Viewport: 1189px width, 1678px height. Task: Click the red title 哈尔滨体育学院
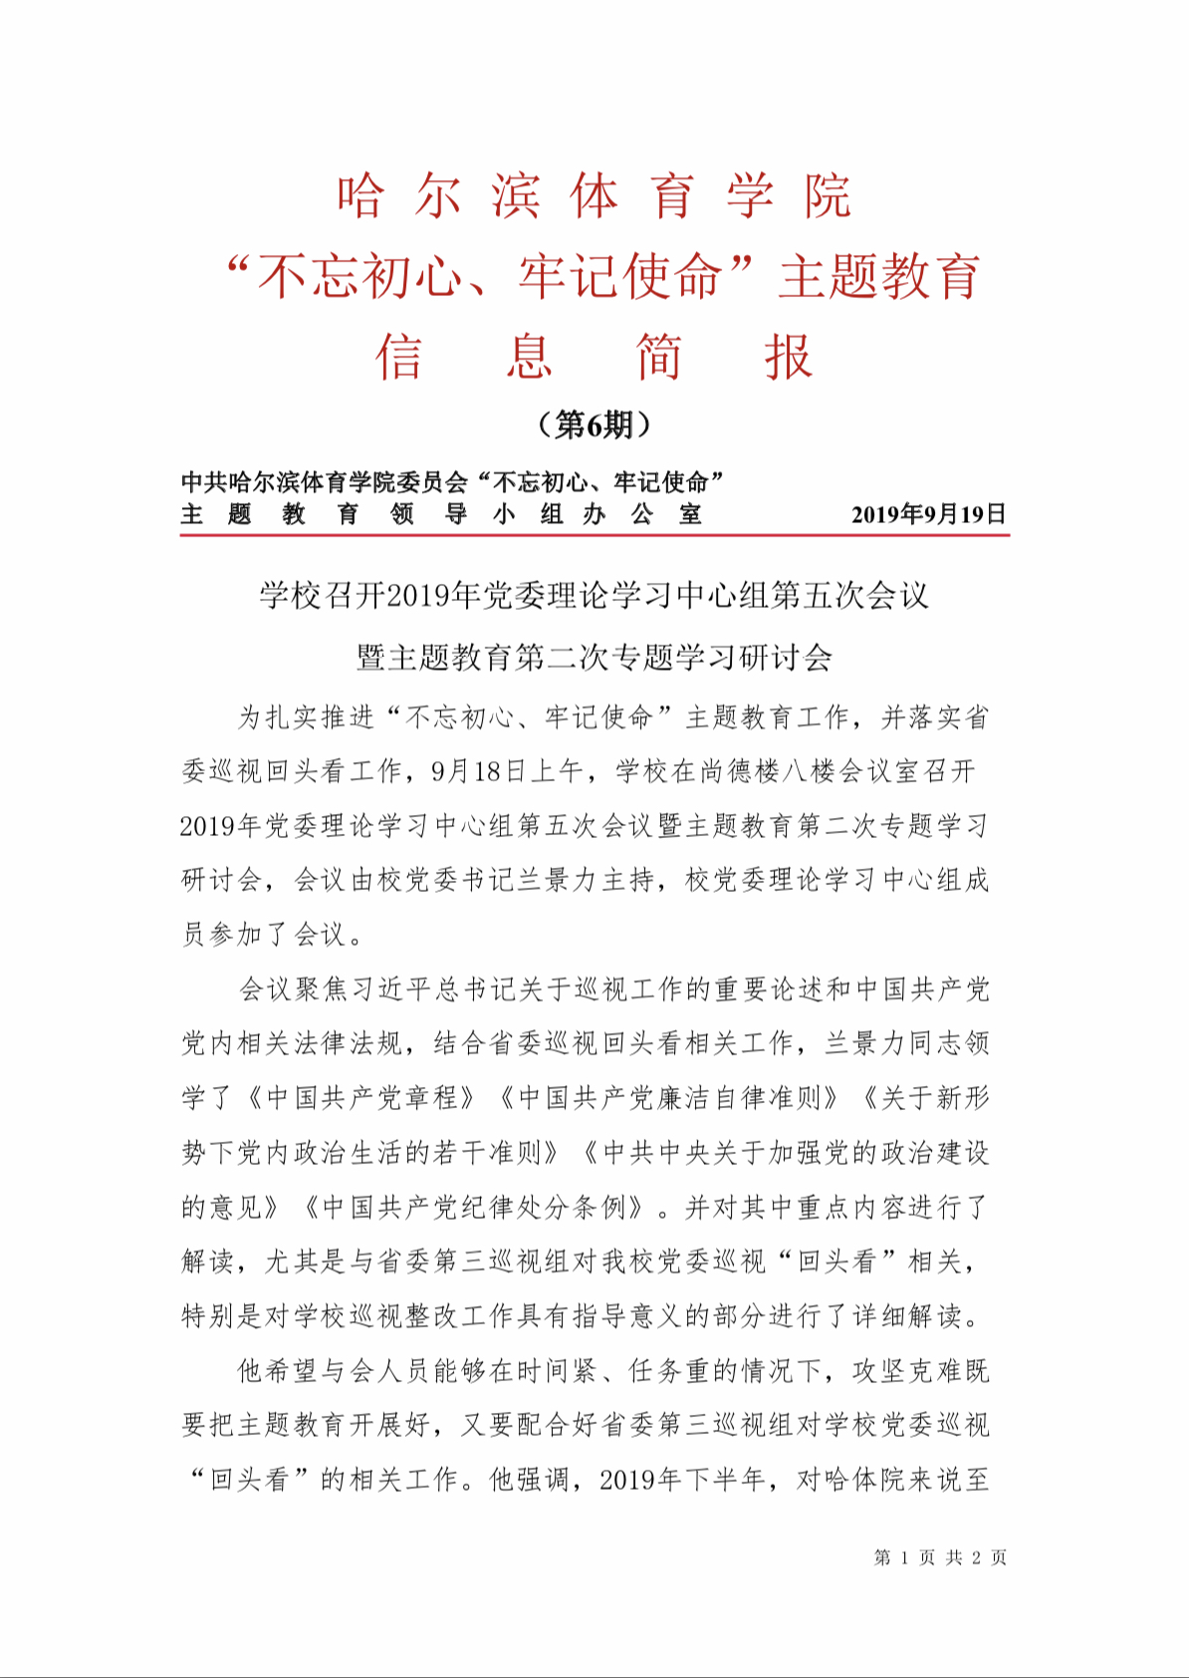pyautogui.click(x=594, y=195)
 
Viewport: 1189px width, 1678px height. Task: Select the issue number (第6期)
pyautogui.click(x=594, y=425)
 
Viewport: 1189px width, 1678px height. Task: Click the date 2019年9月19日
pyautogui.click(x=928, y=514)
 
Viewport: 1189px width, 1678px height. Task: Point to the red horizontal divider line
pyautogui.click(x=594, y=535)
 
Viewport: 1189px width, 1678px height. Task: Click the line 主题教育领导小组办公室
pyautogui.click(x=442, y=514)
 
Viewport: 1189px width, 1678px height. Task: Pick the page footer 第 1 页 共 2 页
pyautogui.click(x=940, y=1557)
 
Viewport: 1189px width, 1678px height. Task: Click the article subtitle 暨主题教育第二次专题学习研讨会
pyautogui.click(x=594, y=657)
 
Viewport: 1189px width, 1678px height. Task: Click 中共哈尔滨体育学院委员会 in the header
pyautogui.click(x=325, y=482)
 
